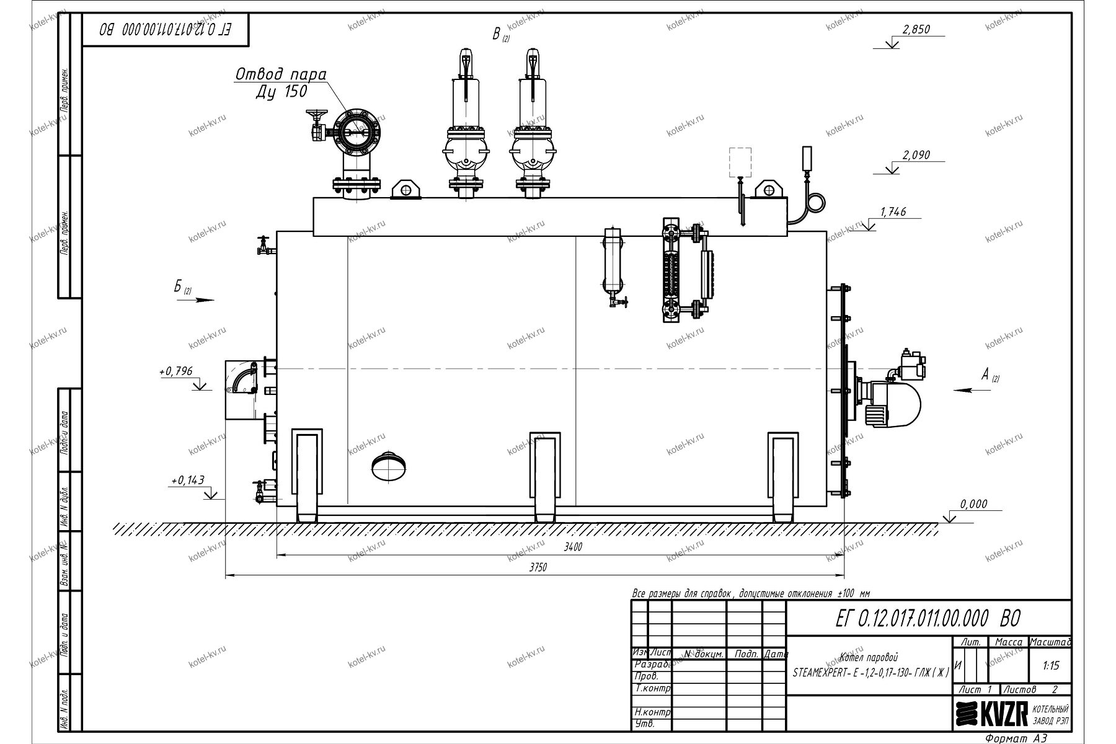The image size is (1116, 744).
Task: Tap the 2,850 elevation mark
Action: [916, 30]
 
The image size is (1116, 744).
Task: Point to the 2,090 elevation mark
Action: [916, 155]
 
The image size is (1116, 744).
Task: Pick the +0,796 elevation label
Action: [176, 371]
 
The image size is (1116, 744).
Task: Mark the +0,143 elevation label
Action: [187, 480]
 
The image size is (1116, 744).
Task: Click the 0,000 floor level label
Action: [973, 505]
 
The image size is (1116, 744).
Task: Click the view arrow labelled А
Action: [971, 390]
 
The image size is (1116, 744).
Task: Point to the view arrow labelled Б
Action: [196, 299]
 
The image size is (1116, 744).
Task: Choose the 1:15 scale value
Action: [1051, 666]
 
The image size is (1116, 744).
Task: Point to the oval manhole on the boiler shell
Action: [388, 464]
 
